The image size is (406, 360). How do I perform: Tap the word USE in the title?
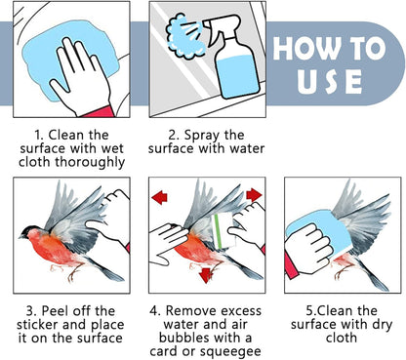[329, 81]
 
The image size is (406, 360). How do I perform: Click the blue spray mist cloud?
[183, 36]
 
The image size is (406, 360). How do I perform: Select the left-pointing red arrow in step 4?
[159, 197]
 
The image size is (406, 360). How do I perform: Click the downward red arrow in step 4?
[206, 275]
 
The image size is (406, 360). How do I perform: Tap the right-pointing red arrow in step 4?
[254, 195]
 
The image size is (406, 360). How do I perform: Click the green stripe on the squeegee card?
[219, 231]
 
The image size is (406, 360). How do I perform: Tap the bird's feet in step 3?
[65, 272]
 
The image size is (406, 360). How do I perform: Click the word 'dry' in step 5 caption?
[382, 325]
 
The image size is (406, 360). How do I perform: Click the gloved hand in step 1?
[81, 78]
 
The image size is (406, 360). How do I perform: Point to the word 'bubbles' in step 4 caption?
[182, 338]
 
